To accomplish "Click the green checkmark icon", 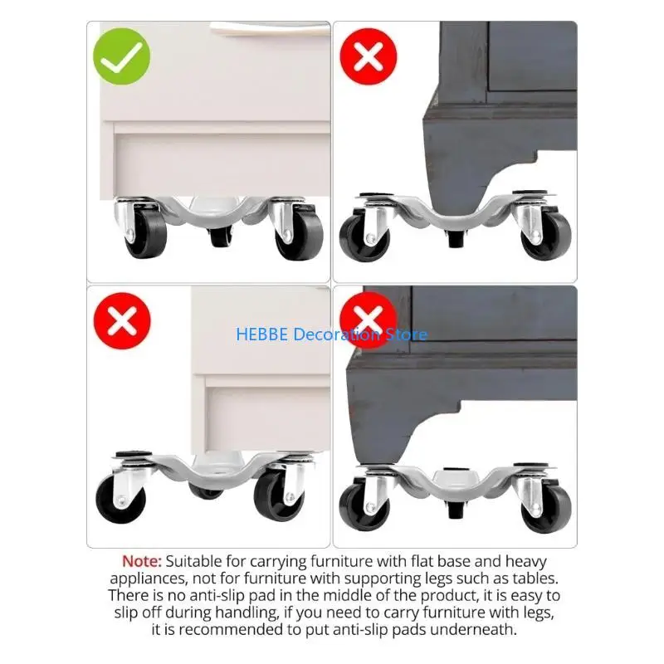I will coord(121,56).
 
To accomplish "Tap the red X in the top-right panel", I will coord(369,56).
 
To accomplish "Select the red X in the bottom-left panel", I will coord(121,320).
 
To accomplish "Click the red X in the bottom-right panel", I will coord(369,320).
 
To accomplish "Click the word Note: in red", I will coord(142,562).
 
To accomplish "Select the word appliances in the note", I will coord(146,579).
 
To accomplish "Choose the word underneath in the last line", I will coord(476,629).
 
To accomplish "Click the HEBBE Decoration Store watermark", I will coord(331,334).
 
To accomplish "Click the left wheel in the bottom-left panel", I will coord(121,498).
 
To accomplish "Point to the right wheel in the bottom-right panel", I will coord(545,506).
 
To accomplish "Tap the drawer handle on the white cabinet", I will coord(266,28).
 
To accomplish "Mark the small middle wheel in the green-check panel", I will coord(220,237).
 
